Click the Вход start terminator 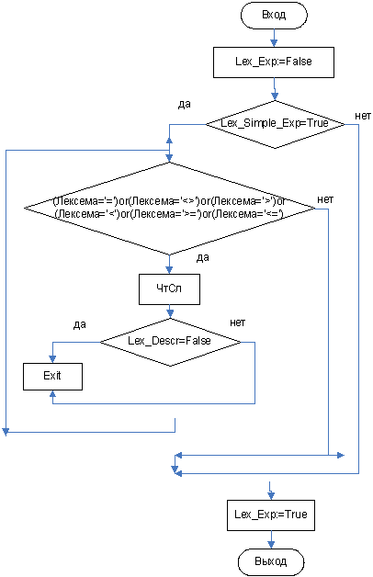(274, 15)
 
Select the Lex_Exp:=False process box (274, 62)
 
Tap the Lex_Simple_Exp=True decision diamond (275, 124)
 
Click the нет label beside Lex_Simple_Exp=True (363, 116)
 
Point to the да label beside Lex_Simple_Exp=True (185, 105)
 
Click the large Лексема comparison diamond (170, 209)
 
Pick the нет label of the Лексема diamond (325, 199)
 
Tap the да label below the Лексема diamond (203, 257)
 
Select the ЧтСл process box (169, 289)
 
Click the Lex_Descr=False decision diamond (170, 342)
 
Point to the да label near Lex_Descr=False (80, 324)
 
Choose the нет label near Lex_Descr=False (238, 322)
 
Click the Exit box (52, 377)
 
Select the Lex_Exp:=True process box (271, 515)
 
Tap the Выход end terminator (271, 562)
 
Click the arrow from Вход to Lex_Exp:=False (274, 38)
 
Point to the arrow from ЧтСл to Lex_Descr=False (170, 311)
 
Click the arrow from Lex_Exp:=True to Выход (271, 539)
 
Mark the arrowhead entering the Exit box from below (52, 394)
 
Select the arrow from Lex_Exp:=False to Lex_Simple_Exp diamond (275, 89)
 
